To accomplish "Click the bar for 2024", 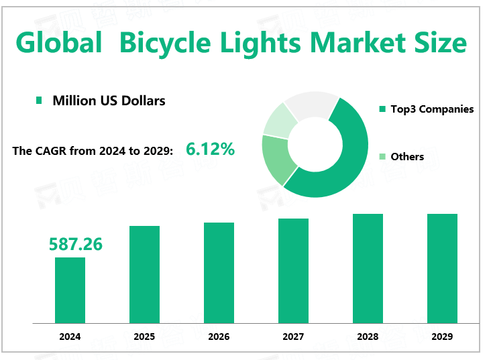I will (70, 290).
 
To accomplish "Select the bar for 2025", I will (144, 274).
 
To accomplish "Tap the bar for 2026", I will (219, 273).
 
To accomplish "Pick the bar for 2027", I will (293, 271).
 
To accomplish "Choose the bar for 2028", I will (368, 268).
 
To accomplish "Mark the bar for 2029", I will (442, 268).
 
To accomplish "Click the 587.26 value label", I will (75, 245).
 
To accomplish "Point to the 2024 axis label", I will (70, 337).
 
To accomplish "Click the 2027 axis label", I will (293, 337).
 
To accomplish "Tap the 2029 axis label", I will (442, 337).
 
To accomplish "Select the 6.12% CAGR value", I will (210, 149).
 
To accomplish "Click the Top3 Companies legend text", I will (432, 109).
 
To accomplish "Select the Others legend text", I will (407, 156).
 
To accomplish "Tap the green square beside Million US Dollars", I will (38, 101).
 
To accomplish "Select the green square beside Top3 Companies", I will (382, 109).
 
